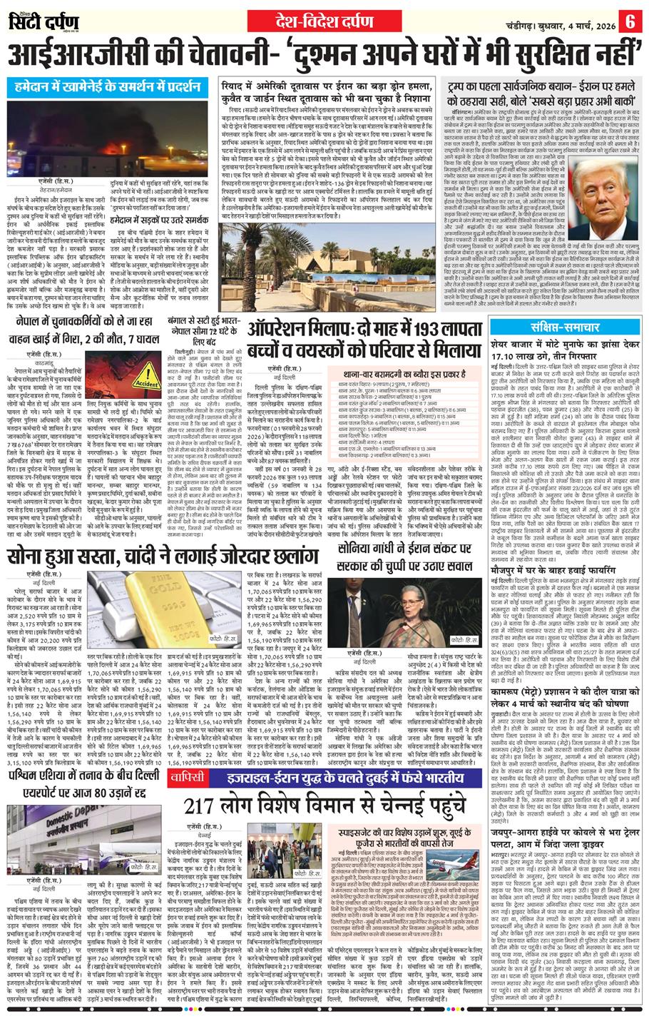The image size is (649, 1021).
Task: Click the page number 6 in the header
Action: (x=630, y=19)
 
